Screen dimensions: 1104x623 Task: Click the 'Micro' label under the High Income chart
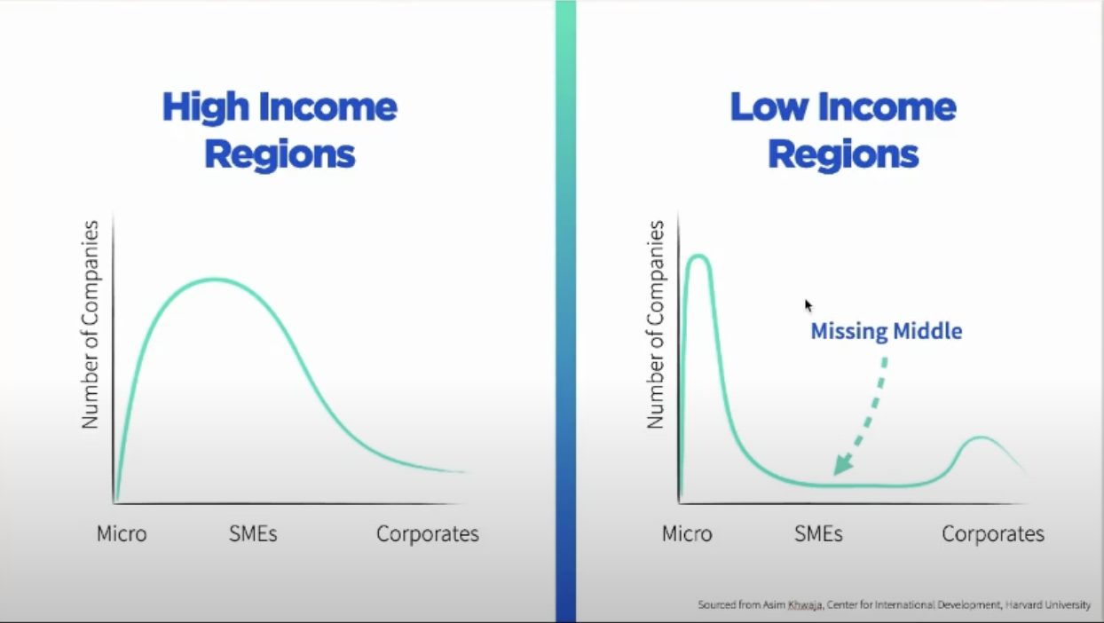tap(122, 533)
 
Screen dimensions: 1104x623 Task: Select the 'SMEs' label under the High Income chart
tap(253, 533)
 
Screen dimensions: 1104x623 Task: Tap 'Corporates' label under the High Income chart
tap(427, 534)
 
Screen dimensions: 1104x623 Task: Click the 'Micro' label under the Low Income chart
tap(687, 533)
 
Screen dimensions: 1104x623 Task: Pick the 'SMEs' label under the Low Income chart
tap(818, 533)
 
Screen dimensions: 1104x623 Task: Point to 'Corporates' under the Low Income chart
tap(993, 534)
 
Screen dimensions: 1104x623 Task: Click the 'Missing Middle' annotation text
tap(887, 331)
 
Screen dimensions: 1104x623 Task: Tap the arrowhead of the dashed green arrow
tap(840, 465)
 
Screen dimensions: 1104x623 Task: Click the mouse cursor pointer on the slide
tap(808, 305)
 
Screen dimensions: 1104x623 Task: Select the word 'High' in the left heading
tap(206, 107)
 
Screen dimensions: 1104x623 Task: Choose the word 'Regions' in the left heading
tap(280, 154)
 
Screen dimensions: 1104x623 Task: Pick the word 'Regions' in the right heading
tap(843, 154)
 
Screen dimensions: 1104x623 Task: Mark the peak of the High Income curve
tap(215, 280)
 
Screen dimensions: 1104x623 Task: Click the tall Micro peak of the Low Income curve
tap(698, 256)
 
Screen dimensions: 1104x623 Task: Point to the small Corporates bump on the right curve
tap(982, 438)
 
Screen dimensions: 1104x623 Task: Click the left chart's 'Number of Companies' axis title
tap(91, 325)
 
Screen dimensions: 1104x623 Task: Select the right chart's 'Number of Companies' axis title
tap(656, 325)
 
